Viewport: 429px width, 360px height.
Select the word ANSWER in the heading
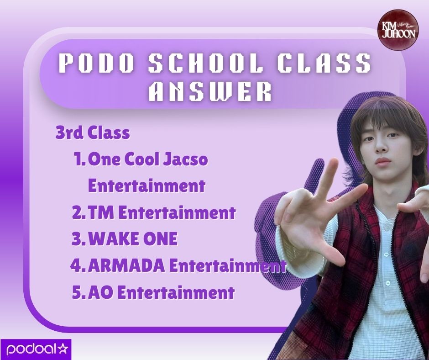pyautogui.click(x=211, y=92)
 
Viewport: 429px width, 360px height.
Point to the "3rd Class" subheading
pyautogui.click(x=93, y=133)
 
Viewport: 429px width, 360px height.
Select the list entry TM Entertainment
pyautogui.click(x=162, y=213)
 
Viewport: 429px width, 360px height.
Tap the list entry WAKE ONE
pyautogui.click(x=133, y=239)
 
